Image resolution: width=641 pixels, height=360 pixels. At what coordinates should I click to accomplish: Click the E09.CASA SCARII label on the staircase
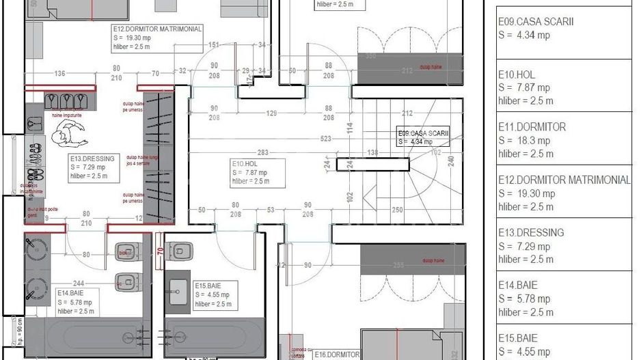(x=423, y=133)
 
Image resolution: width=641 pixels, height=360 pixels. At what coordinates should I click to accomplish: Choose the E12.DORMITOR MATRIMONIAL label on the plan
(x=157, y=30)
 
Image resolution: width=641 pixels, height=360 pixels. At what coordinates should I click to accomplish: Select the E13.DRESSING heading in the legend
(x=531, y=233)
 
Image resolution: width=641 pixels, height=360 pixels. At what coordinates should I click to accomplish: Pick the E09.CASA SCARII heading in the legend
(x=536, y=22)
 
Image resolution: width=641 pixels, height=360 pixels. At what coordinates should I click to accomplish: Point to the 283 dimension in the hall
(x=244, y=152)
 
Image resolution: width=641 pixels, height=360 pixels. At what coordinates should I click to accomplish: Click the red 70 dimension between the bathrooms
(x=160, y=250)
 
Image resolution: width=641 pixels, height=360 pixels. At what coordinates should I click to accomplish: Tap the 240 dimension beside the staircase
(x=450, y=161)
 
